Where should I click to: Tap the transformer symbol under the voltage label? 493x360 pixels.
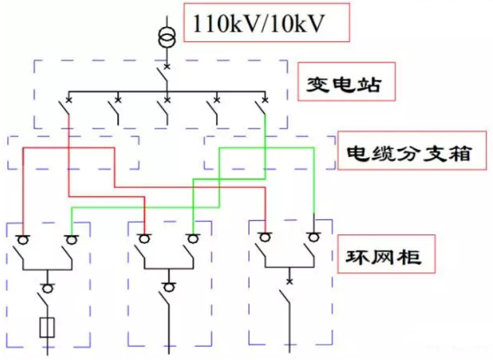pos(167,38)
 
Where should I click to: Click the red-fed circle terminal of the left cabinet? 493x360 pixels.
pos(24,239)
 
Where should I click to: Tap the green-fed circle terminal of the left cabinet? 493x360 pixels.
pos(71,239)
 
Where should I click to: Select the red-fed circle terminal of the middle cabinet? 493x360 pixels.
pos(144,238)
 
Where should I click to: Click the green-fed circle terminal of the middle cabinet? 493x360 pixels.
pos(192,238)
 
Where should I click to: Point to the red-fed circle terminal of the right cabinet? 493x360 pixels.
pos(266,237)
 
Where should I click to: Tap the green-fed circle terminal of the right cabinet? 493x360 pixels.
pos(314,237)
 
